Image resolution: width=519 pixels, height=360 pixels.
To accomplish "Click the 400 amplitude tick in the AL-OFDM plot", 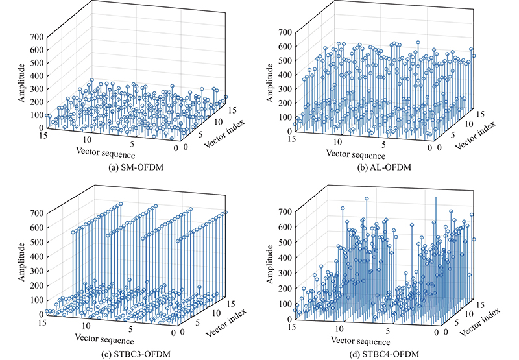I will [x=284, y=77].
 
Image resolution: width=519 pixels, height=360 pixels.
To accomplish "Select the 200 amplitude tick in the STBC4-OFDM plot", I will [x=284, y=287].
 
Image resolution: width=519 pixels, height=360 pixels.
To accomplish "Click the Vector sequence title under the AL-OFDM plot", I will [x=356, y=154].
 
